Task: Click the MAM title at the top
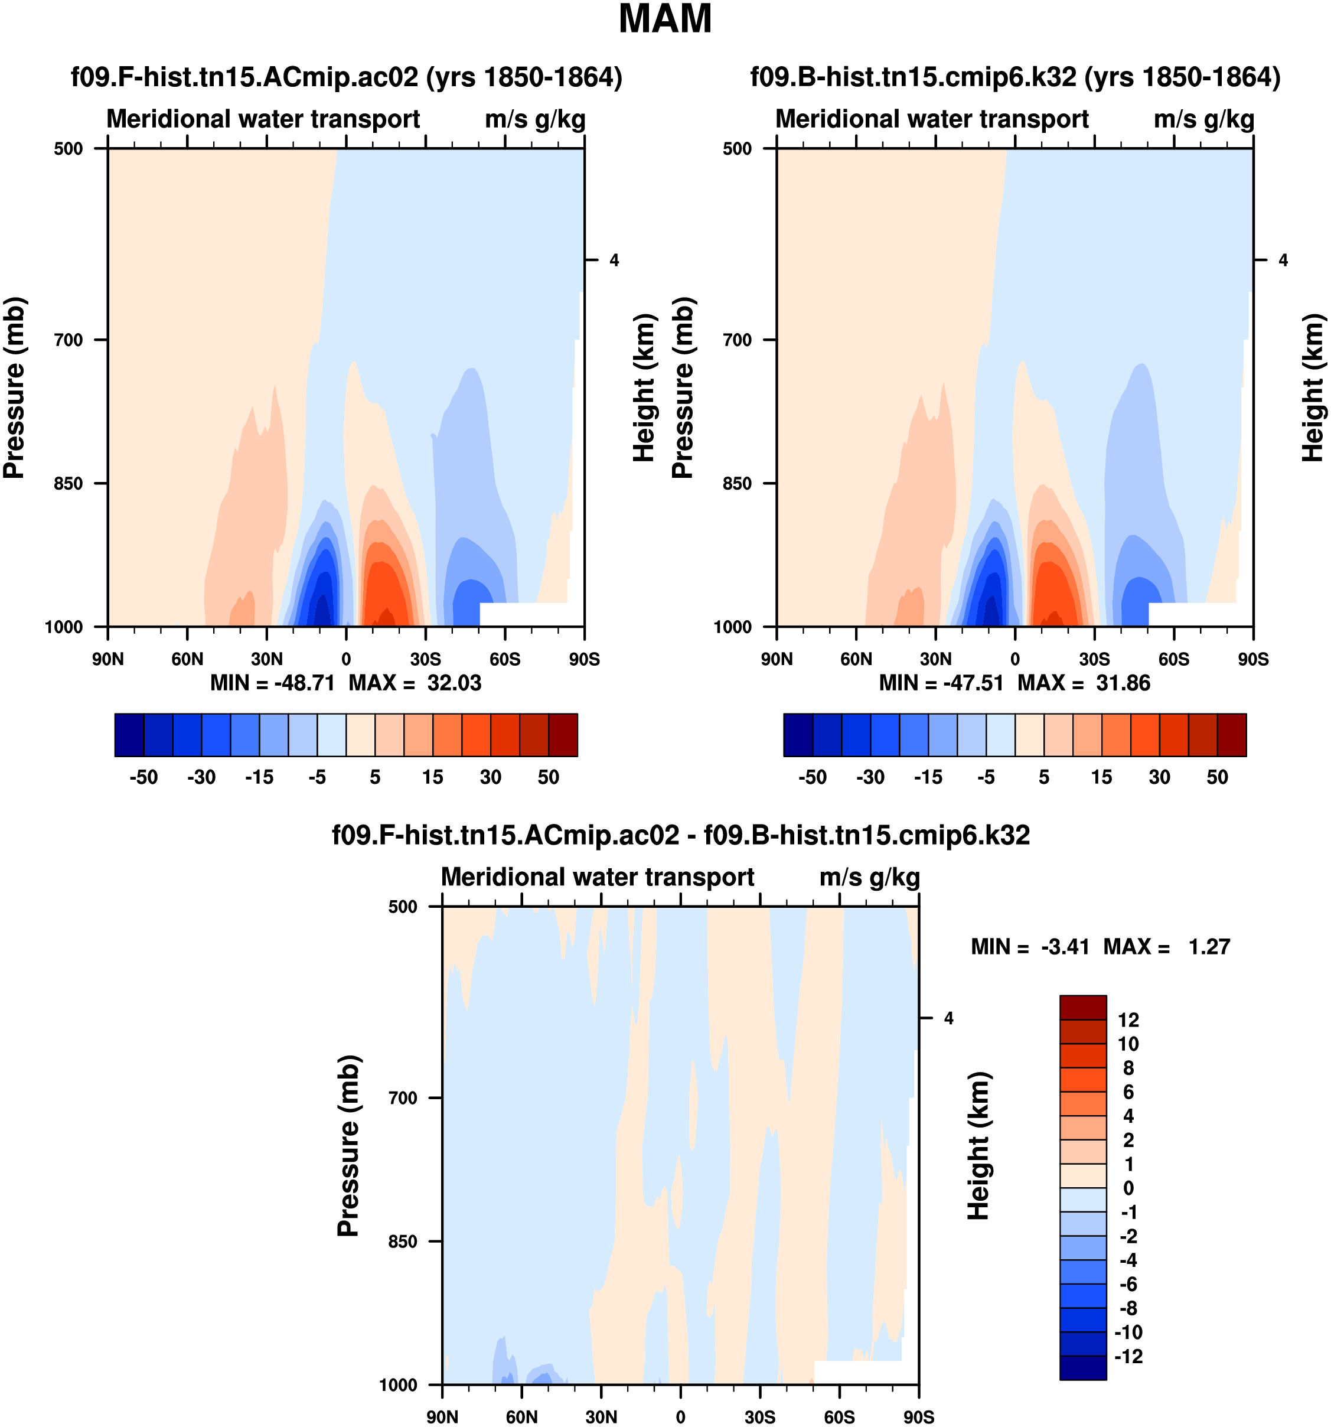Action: point(664,19)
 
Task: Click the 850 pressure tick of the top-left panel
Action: point(69,483)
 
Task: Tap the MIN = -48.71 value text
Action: point(273,683)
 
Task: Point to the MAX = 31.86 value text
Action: point(1084,683)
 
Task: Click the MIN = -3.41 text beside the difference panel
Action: point(1030,947)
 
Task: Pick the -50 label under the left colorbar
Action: point(143,777)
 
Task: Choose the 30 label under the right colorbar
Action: point(1160,777)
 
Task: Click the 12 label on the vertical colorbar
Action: point(1128,1020)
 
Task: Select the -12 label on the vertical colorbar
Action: point(1128,1357)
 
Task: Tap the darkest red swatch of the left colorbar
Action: point(563,735)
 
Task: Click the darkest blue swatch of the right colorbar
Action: point(798,735)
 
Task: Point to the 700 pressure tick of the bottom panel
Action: point(403,1097)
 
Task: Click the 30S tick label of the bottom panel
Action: point(760,1417)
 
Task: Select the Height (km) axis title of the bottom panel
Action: point(978,1146)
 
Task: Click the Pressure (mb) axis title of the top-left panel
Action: point(14,387)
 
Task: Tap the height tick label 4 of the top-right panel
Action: point(1283,260)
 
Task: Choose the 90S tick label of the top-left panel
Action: point(584,659)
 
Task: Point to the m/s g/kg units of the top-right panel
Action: point(1204,119)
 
